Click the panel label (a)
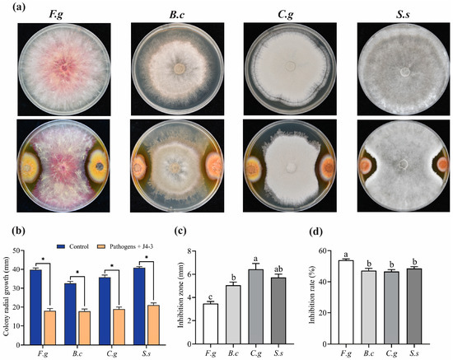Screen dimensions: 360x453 [13, 7]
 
